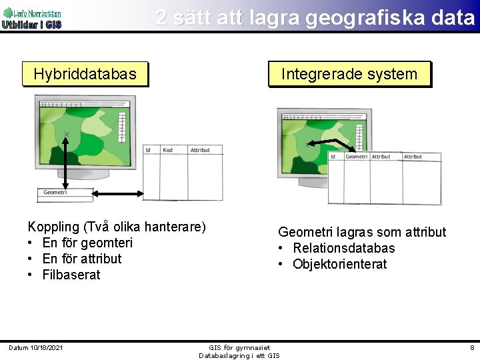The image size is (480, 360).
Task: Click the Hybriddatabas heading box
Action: (85, 74)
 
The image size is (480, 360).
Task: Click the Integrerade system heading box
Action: (349, 74)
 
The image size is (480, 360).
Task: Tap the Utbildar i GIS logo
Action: (31, 19)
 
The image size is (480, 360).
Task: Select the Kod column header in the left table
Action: (168, 150)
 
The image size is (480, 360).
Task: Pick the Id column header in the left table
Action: (148, 150)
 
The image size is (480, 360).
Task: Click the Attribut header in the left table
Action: (200, 150)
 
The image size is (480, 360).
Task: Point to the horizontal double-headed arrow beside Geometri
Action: (117, 193)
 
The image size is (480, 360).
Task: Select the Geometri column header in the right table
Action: (357, 157)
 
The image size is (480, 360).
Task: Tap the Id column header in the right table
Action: (333, 157)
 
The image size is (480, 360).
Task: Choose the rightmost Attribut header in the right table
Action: (413, 157)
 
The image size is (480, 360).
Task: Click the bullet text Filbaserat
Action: (71, 275)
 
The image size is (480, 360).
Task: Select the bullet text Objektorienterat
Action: (339, 264)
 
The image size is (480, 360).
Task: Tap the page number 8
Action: (472, 348)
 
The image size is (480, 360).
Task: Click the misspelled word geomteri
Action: (107, 243)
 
